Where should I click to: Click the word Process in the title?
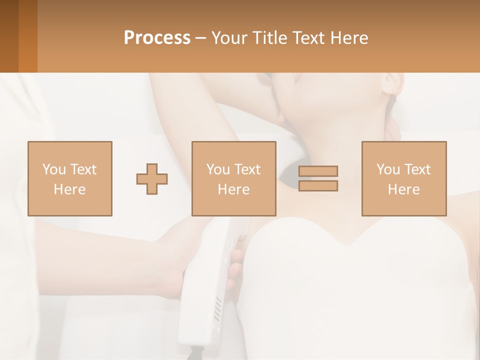[157, 38]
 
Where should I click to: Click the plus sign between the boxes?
[152, 179]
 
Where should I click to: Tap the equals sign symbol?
[318, 178]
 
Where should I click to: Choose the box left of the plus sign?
[70, 178]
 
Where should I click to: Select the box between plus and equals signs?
[233, 178]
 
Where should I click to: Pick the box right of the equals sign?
[404, 178]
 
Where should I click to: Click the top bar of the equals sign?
[318, 171]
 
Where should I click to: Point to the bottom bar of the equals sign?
[318, 186]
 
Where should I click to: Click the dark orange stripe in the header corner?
[9, 36]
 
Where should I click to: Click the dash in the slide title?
[201, 38]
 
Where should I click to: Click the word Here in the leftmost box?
[70, 189]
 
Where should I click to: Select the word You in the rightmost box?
[388, 169]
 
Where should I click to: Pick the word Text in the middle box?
[247, 169]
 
